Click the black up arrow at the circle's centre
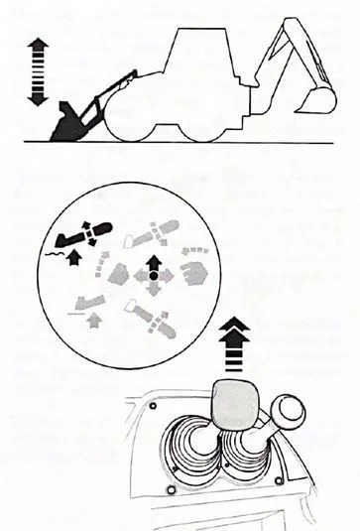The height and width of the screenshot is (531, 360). tap(152, 263)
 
